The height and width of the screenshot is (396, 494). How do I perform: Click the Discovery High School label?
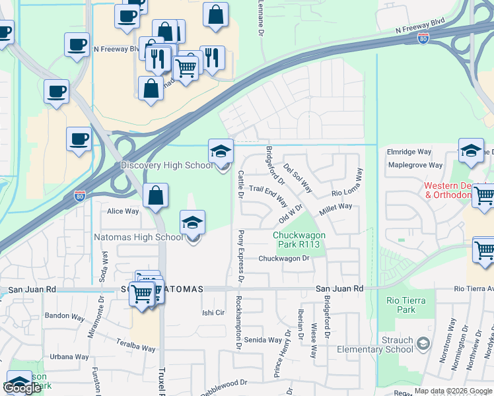coord(167,165)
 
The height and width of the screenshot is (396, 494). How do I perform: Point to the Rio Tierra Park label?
coord(406,305)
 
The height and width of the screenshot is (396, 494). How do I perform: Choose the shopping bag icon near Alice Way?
coord(155,195)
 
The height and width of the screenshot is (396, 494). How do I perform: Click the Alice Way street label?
coord(123,211)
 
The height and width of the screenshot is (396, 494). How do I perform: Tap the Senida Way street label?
coord(264,341)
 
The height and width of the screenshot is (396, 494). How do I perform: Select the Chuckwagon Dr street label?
coord(284,259)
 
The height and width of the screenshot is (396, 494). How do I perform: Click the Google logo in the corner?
coord(22,388)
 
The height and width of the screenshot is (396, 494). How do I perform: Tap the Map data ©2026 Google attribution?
coord(453,391)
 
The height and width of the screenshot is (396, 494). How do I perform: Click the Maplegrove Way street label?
coord(415,165)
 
